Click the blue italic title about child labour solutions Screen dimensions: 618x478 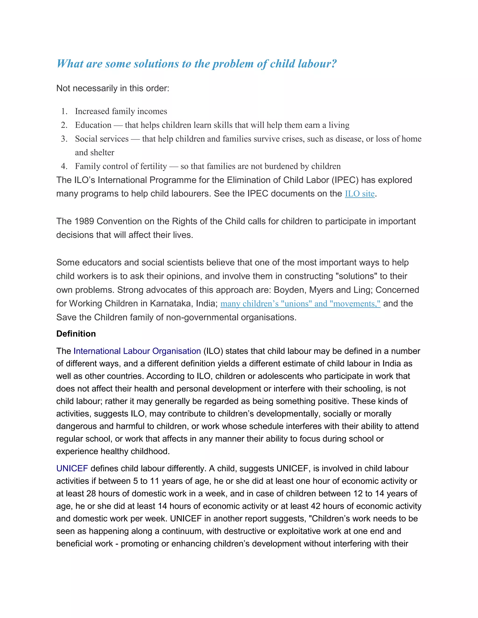tap(197, 64)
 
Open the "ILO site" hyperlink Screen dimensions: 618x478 tap(359, 194)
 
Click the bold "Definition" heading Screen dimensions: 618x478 tap(76, 334)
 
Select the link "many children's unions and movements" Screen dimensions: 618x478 tap(300, 304)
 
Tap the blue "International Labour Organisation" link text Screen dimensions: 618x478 tap(137, 351)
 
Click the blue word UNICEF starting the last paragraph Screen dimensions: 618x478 tap(72, 468)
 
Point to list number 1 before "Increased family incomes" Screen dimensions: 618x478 tap(64, 111)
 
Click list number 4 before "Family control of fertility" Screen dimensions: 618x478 tap(64, 166)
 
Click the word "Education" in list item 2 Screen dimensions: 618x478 tap(93, 125)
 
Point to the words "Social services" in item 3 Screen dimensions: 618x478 tap(102, 139)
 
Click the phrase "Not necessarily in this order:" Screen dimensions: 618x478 tap(113, 88)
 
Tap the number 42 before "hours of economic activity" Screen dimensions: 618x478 tap(316, 506)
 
